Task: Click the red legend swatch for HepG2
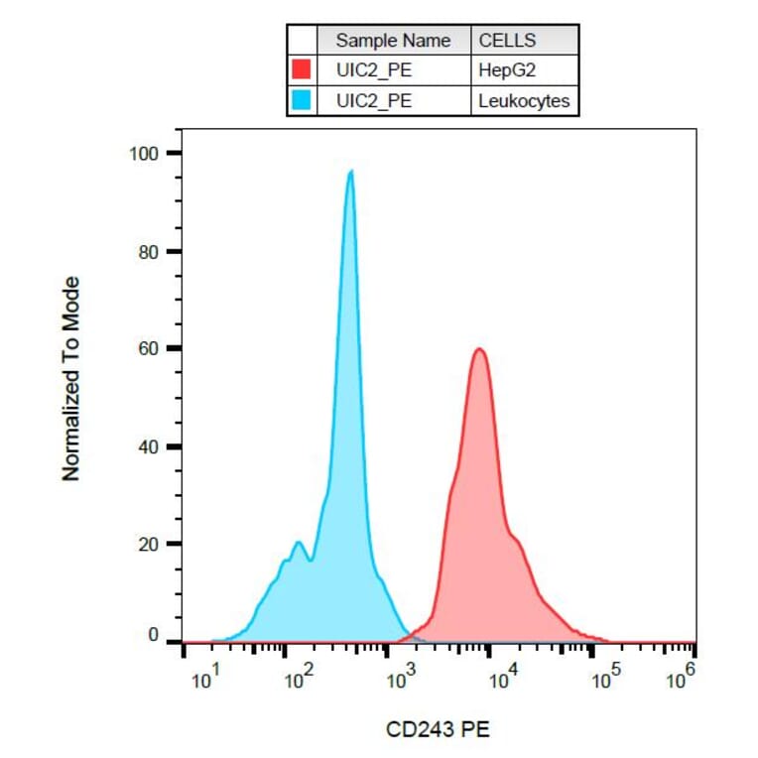coord(302,69)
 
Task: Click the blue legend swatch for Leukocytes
coord(302,100)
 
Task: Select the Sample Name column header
coord(393,41)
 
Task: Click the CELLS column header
coord(507,41)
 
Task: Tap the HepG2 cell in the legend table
coord(507,70)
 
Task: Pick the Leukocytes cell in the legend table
coord(524,100)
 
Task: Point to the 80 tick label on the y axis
coord(148,251)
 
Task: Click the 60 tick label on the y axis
coord(148,348)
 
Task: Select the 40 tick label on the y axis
coord(148,446)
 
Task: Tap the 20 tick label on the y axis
coord(148,544)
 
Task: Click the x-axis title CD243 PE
coord(438,730)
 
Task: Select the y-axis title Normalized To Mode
coord(71,379)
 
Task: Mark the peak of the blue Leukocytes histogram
coord(351,172)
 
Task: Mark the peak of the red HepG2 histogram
coord(479,349)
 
